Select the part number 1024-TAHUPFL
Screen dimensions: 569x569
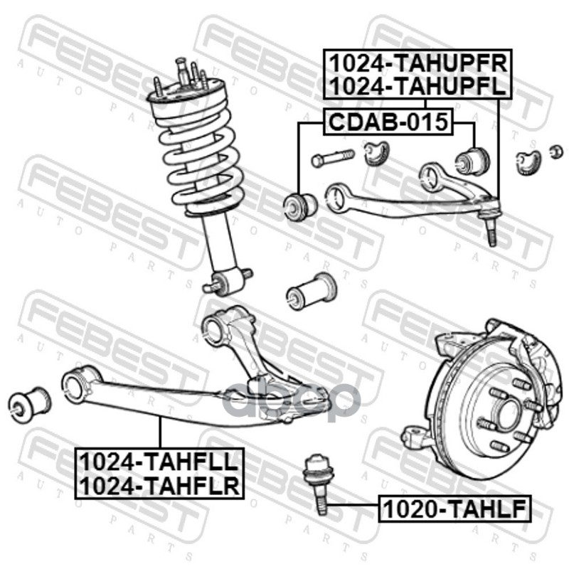pos(418,86)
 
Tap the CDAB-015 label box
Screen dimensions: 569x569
pos(388,122)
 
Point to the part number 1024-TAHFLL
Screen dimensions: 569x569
pos(159,462)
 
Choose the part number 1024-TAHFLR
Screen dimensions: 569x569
pos(159,485)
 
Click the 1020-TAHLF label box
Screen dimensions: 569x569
pos(454,509)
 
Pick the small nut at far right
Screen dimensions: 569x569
pos(556,151)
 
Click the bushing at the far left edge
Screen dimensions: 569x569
pos(29,405)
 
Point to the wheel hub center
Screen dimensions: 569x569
pos(506,415)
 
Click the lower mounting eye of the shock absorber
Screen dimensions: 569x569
pos(227,280)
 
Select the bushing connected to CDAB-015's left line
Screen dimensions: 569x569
pos(299,207)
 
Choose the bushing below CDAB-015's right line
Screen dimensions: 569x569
pos(472,160)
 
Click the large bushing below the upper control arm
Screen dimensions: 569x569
pos(311,292)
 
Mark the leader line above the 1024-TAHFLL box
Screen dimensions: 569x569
pos(159,432)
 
